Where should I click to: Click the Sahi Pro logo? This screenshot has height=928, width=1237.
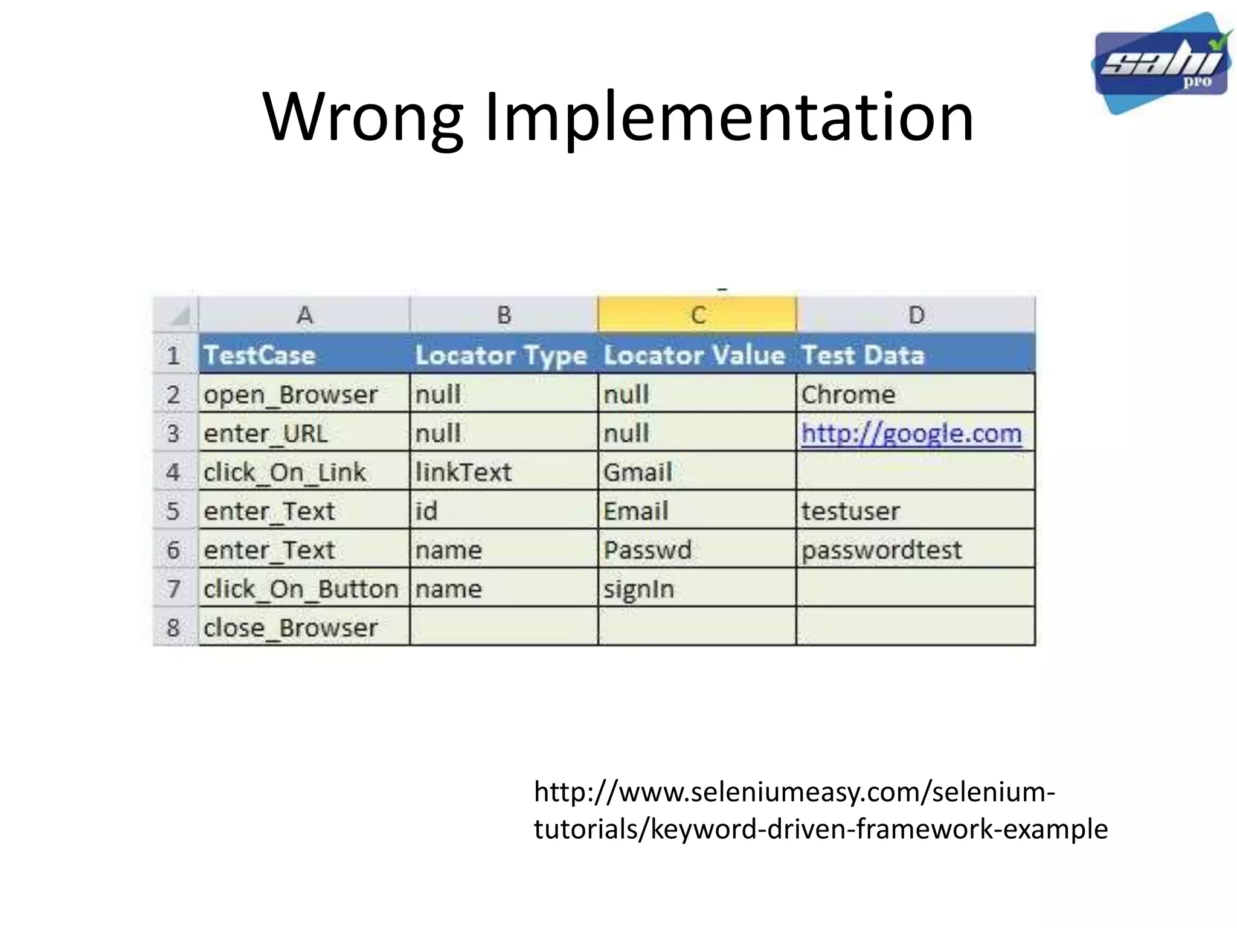tap(1161, 63)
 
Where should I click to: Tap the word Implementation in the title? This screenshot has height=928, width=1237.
tap(729, 117)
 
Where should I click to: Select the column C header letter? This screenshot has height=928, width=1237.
tap(698, 315)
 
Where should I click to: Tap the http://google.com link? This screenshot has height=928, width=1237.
tap(911, 433)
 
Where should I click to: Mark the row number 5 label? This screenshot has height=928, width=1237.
tap(173, 511)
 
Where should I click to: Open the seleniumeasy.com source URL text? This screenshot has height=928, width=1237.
tap(821, 810)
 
